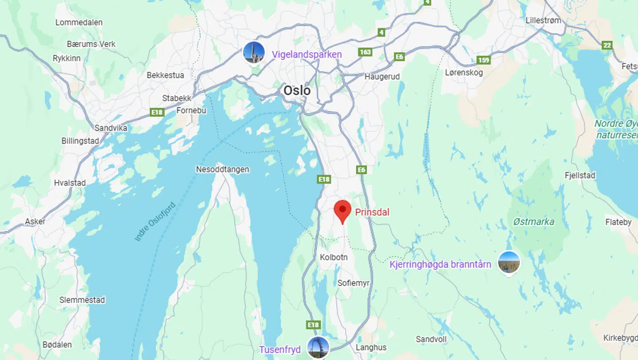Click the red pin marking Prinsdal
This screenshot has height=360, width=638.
point(342,211)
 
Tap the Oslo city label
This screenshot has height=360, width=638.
point(297,90)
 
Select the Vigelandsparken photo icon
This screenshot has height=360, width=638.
point(254,53)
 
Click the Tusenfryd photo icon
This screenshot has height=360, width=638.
point(318,347)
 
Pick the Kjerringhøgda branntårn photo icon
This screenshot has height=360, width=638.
point(509,262)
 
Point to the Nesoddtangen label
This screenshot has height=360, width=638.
point(222,169)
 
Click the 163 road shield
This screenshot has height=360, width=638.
point(365,52)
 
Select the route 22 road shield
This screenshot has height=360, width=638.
point(607,45)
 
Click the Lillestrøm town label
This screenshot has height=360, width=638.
point(543,20)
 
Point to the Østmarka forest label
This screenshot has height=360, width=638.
point(533,222)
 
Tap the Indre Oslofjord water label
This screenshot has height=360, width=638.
point(155,222)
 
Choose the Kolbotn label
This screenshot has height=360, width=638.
point(334,257)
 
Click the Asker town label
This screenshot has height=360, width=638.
point(35,221)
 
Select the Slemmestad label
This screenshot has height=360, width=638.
point(82,300)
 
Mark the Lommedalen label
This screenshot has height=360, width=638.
point(79,22)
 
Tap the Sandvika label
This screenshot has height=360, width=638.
point(111,128)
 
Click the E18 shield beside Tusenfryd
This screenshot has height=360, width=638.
point(313,325)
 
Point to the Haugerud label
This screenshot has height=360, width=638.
point(382,77)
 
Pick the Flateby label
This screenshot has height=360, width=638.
point(618,222)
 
